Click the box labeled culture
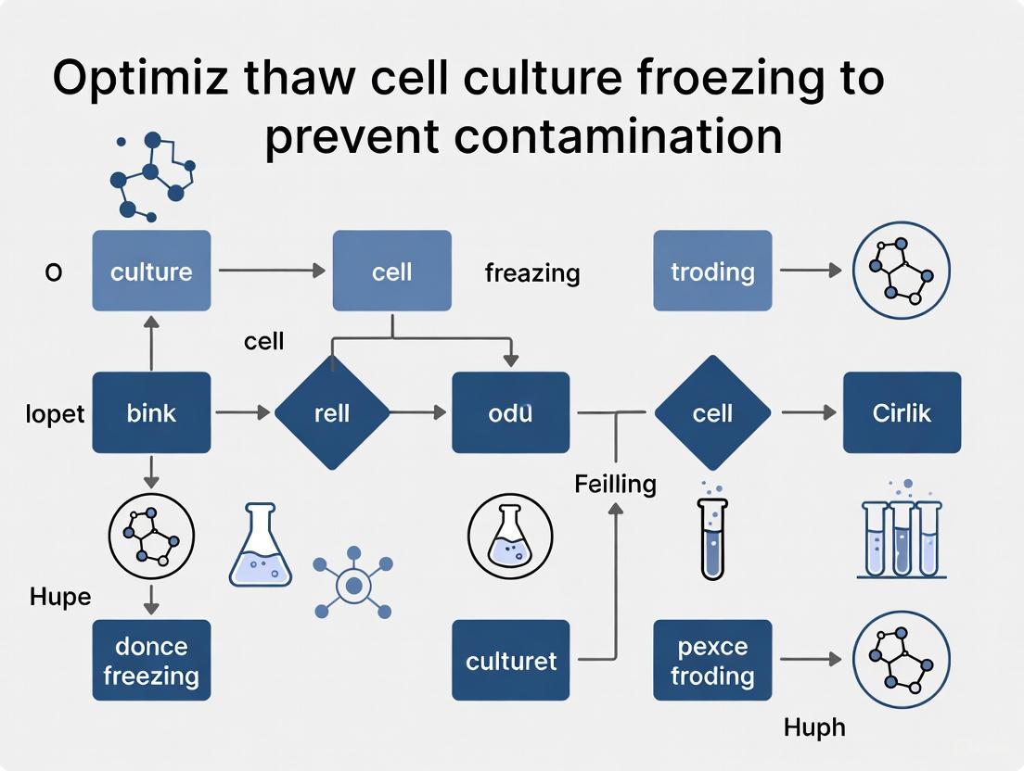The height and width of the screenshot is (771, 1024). pyautogui.click(x=151, y=271)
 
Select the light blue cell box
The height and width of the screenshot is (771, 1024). pyautogui.click(x=391, y=271)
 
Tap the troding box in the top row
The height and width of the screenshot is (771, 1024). pyautogui.click(x=712, y=271)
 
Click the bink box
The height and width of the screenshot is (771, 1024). pyautogui.click(x=151, y=412)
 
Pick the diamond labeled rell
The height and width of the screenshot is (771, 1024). pyautogui.click(x=331, y=412)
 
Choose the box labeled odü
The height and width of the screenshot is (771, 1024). pyautogui.click(x=511, y=412)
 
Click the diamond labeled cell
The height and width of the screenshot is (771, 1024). pyautogui.click(x=712, y=412)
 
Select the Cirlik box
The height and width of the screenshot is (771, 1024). pyautogui.click(x=902, y=412)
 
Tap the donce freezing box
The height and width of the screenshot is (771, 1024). pyautogui.click(x=151, y=660)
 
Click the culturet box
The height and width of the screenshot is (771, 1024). pyautogui.click(x=511, y=660)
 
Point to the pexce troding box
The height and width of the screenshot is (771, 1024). pyautogui.click(x=712, y=660)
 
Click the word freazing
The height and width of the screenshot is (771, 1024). pyautogui.click(x=532, y=272)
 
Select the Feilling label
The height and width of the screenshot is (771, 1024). pyautogui.click(x=615, y=483)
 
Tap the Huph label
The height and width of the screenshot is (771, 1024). pyautogui.click(x=814, y=727)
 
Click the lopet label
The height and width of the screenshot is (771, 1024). pyautogui.click(x=55, y=413)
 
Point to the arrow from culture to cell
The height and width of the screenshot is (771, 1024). pyautogui.click(x=271, y=271)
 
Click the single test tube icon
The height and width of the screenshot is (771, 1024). pyautogui.click(x=711, y=536)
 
